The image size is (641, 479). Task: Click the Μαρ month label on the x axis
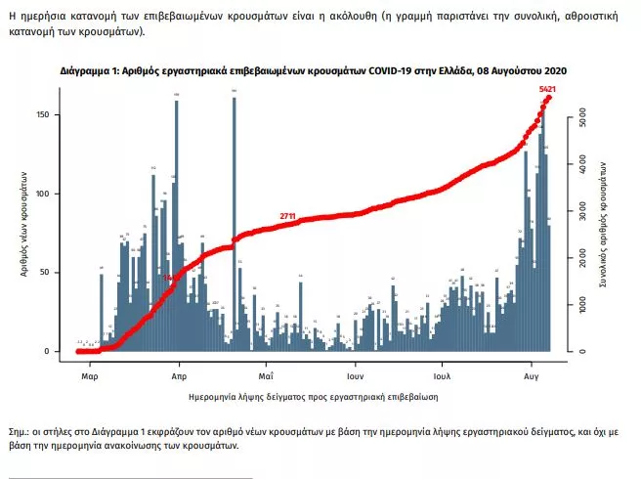coord(89,374)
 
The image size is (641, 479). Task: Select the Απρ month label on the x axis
coord(179,374)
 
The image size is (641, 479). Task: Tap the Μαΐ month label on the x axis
coord(266,374)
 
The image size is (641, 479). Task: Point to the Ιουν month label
coord(355,374)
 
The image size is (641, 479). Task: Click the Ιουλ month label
coord(442,374)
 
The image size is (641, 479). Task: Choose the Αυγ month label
coord(532,374)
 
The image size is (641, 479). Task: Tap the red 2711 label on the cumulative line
coord(287,215)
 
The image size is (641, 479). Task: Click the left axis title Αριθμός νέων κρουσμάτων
coord(22,221)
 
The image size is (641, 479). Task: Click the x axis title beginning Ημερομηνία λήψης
coord(313,398)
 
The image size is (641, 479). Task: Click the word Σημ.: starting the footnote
coord(19,430)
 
